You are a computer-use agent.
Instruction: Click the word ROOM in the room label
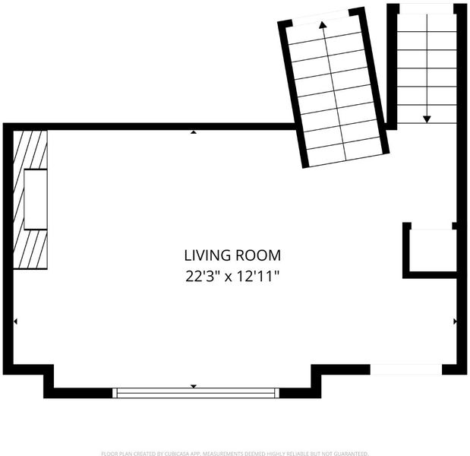(x=258, y=255)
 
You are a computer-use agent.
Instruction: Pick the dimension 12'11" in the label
(x=258, y=277)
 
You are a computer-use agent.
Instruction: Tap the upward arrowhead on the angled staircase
(x=323, y=25)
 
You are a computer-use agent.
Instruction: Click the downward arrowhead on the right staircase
(x=427, y=119)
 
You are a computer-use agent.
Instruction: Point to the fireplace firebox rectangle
(x=36, y=199)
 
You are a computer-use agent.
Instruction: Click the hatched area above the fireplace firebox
(x=30, y=150)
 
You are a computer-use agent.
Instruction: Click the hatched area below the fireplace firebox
(x=30, y=249)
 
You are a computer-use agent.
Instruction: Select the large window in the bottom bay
(x=196, y=393)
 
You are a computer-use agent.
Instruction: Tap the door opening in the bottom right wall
(x=406, y=369)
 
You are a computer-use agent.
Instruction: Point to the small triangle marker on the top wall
(x=194, y=132)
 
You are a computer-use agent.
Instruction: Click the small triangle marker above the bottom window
(x=194, y=386)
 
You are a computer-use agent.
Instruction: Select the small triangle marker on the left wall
(x=15, y=321)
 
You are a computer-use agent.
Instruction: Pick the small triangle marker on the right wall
(x=455, y=321)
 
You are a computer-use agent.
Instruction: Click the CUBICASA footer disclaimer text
(x=235, y=454)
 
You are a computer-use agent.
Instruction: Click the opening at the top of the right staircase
(x=426, y=9)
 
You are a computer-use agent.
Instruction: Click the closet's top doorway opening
(x=431, y=226)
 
